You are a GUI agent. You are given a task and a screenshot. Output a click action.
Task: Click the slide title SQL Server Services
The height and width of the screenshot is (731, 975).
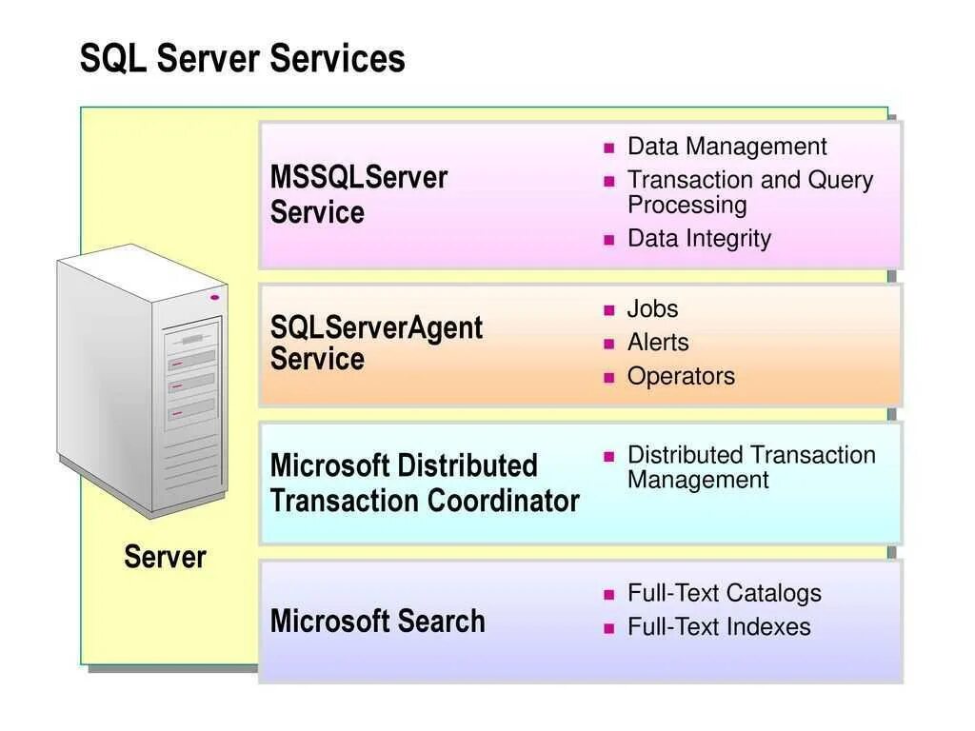coord(242,59)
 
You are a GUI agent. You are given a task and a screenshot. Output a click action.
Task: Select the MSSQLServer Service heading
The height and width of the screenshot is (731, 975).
coord(358,194)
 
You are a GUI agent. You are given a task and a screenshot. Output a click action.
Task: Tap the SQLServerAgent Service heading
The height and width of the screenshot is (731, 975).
coord(376,343)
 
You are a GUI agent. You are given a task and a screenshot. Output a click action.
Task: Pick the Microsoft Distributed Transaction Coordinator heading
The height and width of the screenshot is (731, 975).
coord(424,483)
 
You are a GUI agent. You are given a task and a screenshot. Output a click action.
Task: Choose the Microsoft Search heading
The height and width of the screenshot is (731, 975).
coord(377,622)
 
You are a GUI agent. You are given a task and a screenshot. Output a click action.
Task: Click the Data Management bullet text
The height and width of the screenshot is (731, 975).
coord(726,147)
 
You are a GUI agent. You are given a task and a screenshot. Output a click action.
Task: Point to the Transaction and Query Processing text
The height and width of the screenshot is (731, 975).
coord(749,192)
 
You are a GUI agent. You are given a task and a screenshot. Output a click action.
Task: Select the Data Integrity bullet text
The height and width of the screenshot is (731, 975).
coord(699,238)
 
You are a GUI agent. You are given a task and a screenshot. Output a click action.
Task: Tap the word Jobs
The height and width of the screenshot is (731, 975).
coord(652,308)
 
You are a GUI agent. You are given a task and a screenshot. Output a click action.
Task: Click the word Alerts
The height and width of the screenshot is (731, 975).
coord(657,343)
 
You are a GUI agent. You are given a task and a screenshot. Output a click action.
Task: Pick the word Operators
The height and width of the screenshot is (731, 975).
coord(681,376)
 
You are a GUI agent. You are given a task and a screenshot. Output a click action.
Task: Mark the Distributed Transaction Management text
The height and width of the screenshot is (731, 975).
coord(750,467)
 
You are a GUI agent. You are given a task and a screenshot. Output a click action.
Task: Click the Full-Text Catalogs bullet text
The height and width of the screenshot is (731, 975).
coord(724,593)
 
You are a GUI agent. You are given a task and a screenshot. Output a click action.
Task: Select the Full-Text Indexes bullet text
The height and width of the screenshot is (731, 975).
coord(719,627)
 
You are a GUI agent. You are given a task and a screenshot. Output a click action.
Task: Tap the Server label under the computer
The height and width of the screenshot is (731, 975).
coord(165,557)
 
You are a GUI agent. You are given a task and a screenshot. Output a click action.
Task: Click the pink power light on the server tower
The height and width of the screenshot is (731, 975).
coord(214,298)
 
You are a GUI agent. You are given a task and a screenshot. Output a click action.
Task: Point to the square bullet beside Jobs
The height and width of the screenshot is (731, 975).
coord(609,310)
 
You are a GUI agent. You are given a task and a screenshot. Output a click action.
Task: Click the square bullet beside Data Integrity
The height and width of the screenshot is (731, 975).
coord(609,240)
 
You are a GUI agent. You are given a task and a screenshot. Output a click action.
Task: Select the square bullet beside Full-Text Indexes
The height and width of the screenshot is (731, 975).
coord(609,628)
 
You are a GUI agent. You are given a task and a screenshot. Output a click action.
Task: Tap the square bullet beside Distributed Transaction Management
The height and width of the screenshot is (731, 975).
coord(609,457)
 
